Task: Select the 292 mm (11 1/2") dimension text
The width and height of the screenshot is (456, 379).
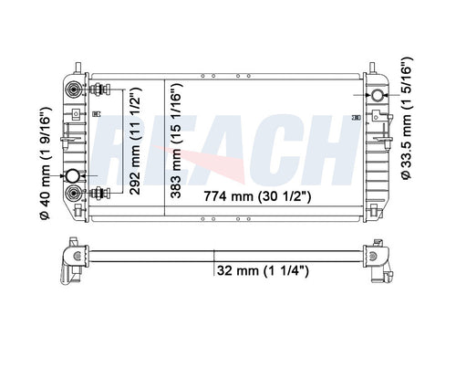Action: pos(134,137)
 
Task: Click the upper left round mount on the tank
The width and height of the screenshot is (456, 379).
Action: pos(74,89)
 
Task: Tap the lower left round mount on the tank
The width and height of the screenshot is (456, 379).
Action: pos(74,192)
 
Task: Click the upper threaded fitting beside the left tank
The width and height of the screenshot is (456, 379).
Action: pos(98,89)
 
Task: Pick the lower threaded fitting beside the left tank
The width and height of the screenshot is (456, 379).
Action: pos(98,192)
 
